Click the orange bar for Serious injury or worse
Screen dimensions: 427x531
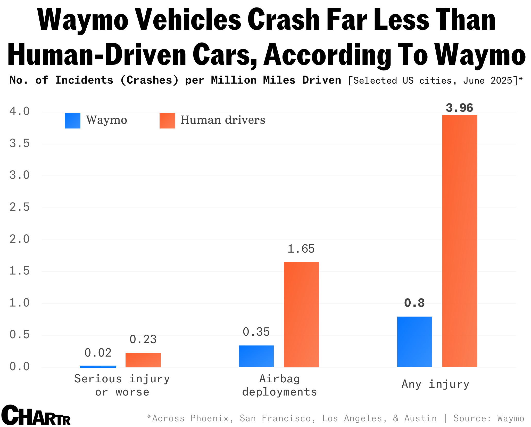pos(143,360)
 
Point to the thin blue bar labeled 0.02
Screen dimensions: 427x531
pos(98,366)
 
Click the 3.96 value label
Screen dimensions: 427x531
pos(460,108)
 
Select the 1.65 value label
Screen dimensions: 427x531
pos(301,249)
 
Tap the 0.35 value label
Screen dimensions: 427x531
pos(256,332)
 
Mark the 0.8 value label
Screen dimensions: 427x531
pos(414,303)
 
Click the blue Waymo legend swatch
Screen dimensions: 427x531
pos(73,121)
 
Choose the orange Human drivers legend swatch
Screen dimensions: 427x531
pos(167,121)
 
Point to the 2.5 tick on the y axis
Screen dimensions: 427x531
pos(20,207)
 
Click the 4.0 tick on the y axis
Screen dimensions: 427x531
pos(20,111)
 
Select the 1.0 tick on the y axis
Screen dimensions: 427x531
pos(20,303)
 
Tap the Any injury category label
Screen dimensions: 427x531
pos(435,384)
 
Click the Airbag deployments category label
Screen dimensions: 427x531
pos(280,385)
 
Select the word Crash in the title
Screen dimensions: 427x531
pos(284,20)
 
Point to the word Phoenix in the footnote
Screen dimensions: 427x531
pos(209,418)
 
